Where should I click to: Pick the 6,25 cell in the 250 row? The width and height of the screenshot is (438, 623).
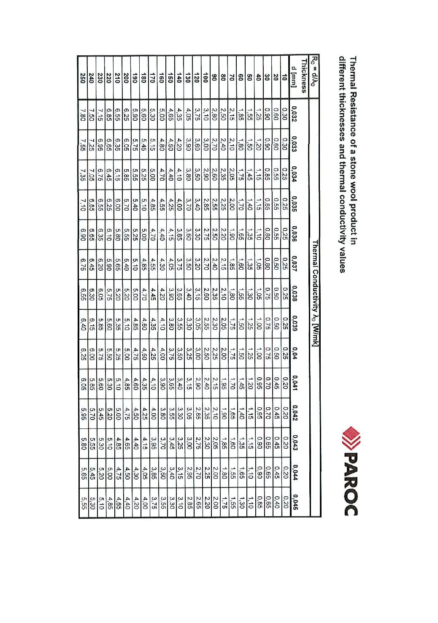click(83, 351)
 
